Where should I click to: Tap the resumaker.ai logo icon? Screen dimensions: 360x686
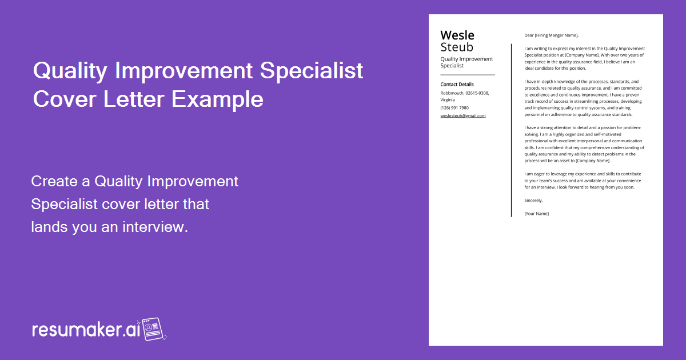point(153,329)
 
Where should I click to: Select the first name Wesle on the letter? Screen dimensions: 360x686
point(457,35)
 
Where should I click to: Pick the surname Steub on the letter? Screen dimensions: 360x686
point(457,47)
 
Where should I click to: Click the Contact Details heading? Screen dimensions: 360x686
point(457,85)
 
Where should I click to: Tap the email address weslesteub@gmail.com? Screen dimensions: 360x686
point(462,115)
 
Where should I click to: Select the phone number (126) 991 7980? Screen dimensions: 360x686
point(454,107)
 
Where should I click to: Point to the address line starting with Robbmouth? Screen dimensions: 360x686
point(464,93)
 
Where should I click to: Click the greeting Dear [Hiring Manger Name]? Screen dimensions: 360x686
point(551,35)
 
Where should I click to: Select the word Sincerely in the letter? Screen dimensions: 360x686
point(533,201)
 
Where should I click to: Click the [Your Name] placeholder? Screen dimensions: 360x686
point(536,214)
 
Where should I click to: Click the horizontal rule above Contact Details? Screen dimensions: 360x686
point(467,75)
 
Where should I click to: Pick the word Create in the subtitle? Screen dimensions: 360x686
point(55,182)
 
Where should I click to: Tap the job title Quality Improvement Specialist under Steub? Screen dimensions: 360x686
point(466,62)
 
